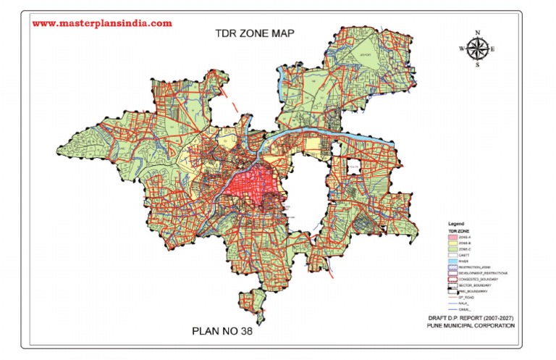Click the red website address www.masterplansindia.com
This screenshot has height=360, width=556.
point(102,23)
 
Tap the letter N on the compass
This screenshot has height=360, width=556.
point(477,33)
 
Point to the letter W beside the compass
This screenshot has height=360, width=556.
point(461,49)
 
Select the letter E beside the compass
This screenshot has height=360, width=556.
point(492,49)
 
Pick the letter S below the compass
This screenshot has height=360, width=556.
point(477,64)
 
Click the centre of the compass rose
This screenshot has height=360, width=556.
point(477,49)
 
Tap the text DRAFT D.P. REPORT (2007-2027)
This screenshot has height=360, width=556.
point(470,319)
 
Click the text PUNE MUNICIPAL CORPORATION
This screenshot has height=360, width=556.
point(472,327)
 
